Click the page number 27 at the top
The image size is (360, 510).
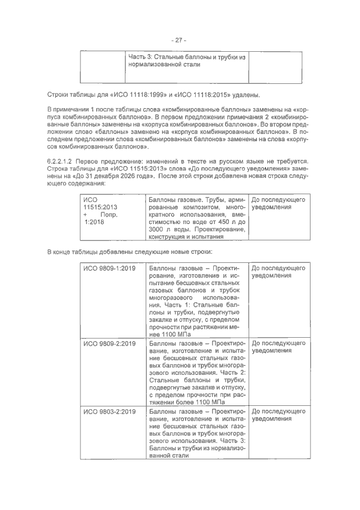tap(179, 40)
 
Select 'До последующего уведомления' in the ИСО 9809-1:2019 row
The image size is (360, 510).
tap(278, 272)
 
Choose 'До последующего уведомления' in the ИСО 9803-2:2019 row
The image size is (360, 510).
tap(278, 415)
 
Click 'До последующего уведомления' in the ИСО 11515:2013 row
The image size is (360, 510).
tap(278, 203)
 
